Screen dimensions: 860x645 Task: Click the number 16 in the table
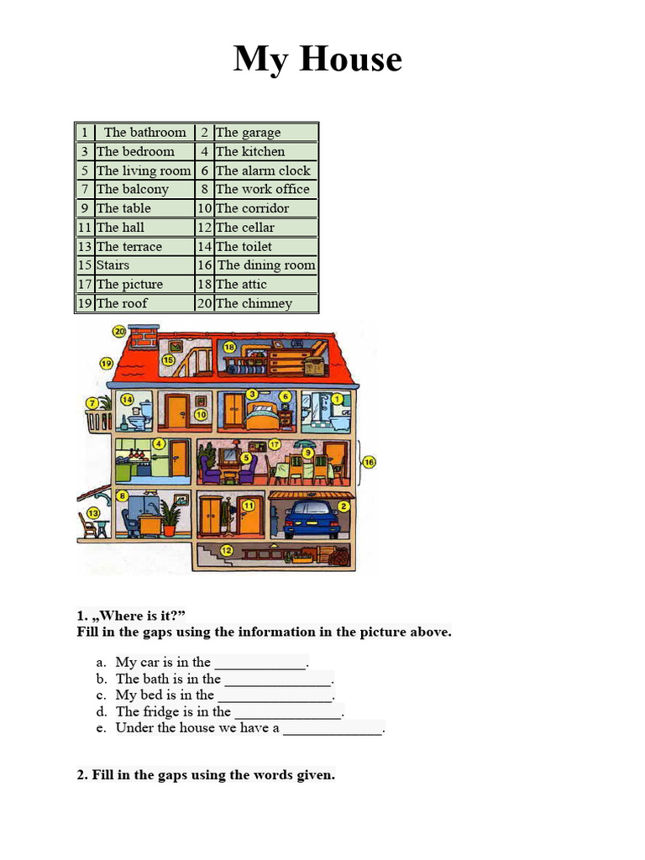tap(205, 265)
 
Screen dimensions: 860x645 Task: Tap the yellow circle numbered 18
tap(229, 346)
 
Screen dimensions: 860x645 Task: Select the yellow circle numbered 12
tap(226, 550)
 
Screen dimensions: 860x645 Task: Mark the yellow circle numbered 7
tap(92, 403)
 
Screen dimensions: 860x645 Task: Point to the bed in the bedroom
tap(261, 414)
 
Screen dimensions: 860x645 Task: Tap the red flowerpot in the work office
tap(170, 530)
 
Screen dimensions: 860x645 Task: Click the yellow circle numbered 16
tap(369, 462)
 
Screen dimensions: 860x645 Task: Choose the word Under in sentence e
tap(134, 727)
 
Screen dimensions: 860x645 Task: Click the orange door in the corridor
tap(176, 412)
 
